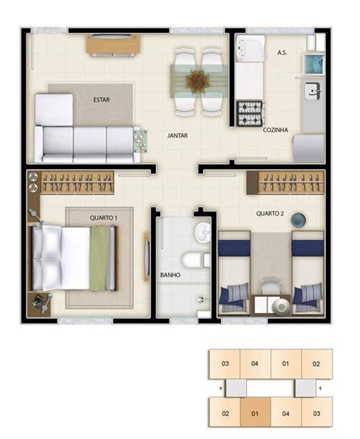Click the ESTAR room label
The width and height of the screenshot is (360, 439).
click(x=101, y=99)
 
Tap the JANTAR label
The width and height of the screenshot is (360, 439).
click(x=178, y=135)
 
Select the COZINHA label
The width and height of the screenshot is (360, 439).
click(x=275, y=130)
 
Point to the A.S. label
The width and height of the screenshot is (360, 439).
click(x=283, y=52)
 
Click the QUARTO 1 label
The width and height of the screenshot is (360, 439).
click(x=103, y=217)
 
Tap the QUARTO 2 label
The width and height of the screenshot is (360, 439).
click(x=270, y=213)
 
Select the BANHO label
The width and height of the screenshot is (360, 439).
click(x=170, y=275)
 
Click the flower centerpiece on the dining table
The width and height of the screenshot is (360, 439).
click(x=197, y=80)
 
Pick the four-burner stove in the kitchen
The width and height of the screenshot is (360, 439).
click(x=250, y=113)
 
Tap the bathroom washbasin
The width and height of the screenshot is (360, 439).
click(x=202, y=233)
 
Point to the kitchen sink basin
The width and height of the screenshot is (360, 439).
click(x=313, y=90)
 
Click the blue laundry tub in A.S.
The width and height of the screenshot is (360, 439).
click(x=314, y=65)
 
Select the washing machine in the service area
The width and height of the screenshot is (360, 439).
click(x=251, y=48)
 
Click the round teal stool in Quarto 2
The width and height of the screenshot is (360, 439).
click(x=298, y=219)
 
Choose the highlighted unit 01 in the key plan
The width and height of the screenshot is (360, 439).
click(x=255, y=413)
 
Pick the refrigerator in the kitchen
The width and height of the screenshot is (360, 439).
click(x=308, y=148)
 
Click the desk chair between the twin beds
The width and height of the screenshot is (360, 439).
click(x=271, y=286)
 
